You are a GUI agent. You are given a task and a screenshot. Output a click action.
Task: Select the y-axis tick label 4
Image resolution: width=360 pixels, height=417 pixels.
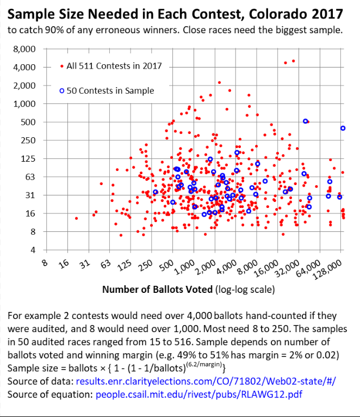(x=33, y=250)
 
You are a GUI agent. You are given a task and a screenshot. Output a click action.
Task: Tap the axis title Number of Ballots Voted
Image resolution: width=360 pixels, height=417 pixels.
(x=158, y=290)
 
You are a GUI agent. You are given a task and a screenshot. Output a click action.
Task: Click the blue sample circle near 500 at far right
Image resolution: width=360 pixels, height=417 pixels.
(x=306, y=121)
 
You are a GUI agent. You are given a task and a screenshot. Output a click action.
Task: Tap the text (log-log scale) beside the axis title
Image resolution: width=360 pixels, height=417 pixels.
(x=244, y=290)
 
